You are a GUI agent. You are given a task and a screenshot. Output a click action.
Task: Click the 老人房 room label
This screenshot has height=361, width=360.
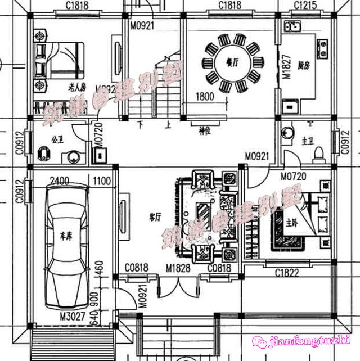77,87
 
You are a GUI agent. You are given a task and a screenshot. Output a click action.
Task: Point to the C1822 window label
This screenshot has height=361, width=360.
286,273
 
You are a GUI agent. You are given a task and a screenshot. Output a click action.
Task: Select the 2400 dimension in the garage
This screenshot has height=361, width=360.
60,181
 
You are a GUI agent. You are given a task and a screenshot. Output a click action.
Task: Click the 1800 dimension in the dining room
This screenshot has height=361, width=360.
205,97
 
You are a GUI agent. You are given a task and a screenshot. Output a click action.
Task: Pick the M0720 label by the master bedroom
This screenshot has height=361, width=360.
292,177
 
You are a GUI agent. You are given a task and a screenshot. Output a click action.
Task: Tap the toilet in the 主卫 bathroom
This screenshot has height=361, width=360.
318,153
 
